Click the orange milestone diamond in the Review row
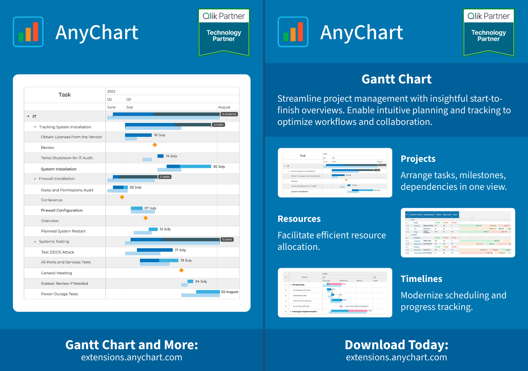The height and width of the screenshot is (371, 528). (154, 145)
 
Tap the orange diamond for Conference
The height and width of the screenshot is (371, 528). (122, 197)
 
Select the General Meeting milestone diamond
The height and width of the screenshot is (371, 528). (181, 270)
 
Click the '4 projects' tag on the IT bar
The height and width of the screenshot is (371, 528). (229, 114)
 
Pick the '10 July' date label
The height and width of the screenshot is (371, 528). (159, 135)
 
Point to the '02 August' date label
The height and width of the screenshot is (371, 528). (230, 292)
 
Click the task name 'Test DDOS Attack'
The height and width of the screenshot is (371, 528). (58, 252)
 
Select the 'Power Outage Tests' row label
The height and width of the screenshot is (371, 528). (60, 294)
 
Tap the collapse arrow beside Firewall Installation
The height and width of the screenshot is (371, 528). (35, 179)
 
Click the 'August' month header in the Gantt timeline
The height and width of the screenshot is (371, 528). (224, 107)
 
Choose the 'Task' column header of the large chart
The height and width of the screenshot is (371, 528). (65, 95)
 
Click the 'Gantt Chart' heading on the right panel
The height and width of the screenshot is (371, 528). (396, 79)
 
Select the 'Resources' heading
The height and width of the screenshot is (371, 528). (299, 219)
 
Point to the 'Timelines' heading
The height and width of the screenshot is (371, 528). (421, 279)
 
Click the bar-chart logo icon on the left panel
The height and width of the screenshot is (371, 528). (28, 32)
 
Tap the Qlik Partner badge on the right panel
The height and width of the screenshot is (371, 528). (489, 32)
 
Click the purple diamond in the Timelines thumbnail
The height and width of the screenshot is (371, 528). (341, 306)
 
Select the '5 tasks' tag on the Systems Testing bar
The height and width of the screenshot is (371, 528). (227, 239)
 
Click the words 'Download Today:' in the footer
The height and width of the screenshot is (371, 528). (396, 345)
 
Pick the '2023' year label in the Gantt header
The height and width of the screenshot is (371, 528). (111, 91)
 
